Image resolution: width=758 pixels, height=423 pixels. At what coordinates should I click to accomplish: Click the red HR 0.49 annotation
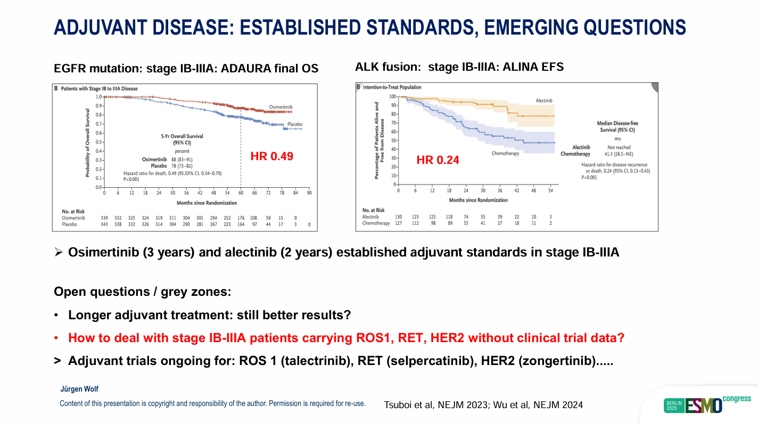272,156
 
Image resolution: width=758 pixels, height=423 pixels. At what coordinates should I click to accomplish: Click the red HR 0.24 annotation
438,160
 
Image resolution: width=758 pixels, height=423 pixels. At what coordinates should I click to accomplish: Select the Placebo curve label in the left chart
295,124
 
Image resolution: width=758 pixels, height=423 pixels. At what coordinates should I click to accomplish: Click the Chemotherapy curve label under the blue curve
505,153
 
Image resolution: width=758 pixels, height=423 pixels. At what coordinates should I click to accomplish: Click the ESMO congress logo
707,404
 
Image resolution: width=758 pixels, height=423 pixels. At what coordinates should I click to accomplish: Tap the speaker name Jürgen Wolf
79,389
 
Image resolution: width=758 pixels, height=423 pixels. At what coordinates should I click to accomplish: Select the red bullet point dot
56,338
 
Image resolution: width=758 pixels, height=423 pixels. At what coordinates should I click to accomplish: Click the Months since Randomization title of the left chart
207,203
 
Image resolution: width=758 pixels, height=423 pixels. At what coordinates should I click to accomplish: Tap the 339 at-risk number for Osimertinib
104,218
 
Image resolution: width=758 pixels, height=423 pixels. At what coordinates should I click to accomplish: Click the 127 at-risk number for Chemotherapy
398,223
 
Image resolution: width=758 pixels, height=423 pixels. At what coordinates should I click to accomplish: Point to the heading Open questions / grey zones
143,292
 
